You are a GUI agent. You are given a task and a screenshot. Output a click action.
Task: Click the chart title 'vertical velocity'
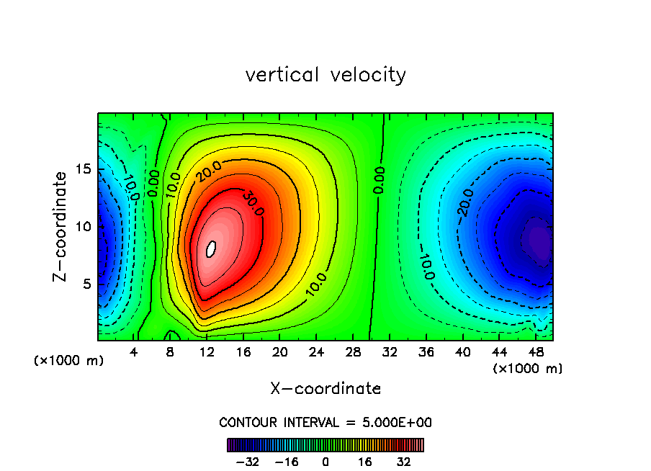point(325,75)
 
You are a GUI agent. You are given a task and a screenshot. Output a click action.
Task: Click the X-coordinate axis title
point(325,389)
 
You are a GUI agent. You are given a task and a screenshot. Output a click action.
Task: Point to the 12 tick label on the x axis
point(207,353)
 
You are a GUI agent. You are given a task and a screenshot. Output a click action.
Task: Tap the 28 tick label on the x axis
point(353,353)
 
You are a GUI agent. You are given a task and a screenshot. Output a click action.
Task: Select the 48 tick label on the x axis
point(535,353)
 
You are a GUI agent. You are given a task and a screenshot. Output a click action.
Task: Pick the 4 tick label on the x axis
point(134,353)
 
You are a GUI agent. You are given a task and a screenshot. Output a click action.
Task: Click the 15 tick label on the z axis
point(84,169)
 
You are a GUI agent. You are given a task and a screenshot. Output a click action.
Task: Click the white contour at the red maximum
point(211,248)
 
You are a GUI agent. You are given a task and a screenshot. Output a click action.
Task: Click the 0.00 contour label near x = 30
point(379,180)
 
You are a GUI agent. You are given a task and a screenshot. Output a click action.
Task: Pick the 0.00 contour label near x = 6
point(153,183)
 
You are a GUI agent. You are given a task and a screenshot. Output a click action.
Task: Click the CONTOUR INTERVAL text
point(325,422)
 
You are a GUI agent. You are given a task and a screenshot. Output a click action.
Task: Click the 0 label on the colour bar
point(325,462)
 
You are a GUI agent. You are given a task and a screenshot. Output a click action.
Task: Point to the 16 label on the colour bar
point(365,462)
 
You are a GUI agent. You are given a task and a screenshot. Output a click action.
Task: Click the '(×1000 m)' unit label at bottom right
point(528,369)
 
